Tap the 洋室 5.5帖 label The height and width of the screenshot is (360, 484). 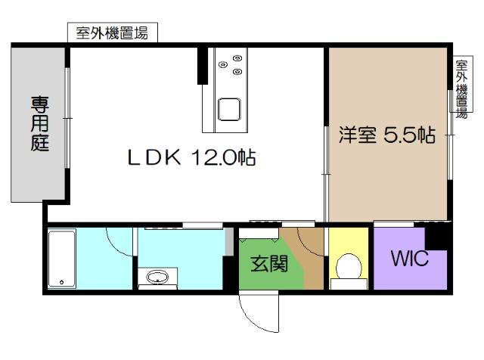point(386,136)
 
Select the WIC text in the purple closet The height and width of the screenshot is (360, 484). point(409,259)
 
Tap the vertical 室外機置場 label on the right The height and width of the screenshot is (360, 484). point(461,85)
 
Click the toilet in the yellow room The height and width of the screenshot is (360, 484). point(349,268)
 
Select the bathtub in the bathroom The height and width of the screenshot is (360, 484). point(60,259)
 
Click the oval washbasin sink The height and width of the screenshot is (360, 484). point(158,276)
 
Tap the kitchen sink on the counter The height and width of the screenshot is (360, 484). point(230,110)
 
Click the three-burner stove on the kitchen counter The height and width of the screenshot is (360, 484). point(237,64)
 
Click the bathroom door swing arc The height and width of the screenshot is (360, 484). point(119,241)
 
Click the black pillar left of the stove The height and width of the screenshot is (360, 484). point(202,66)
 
